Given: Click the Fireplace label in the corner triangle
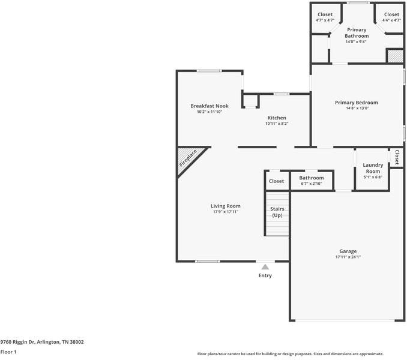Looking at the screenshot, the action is pyautogui.click(x=188, y=158).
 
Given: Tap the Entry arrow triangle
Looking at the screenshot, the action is pyautogui.click(x=265, y=266).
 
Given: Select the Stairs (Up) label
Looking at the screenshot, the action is pyautogui.click(x=277, y=212).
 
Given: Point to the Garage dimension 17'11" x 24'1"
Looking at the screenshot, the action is pyautogui.click(x=348, y=257).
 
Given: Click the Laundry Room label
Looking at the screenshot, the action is pyautogui.click(x=373, y=168).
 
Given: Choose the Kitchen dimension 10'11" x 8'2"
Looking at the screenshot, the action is pyautogui.click(x=277, y=124).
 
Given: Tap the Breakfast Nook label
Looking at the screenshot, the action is pyautogui.click(x=210, y=106).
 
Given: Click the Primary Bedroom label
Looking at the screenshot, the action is pyautogui.click(x=357, y=103).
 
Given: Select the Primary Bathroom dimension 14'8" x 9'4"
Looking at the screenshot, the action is pyautogui.click(x=356, y=42).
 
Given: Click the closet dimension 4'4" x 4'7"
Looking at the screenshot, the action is pyautogui.click(x=391, y=20).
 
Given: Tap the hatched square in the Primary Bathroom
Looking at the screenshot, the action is pyautogui.click(x=396, y=56).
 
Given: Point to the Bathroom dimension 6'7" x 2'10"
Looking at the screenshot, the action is pyautogui.click(x=311, y=184).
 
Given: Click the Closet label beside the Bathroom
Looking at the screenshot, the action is pyautogui.click(x=277, y=181).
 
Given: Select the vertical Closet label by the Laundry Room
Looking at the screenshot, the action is pyautogui.click(x=397, y=157).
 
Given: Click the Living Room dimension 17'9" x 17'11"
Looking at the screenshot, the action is pyautogui.click(x=226, y=212).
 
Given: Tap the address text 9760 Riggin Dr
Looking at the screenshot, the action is pyautogui.click(x=17, y=342).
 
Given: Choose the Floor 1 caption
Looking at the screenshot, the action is pyautogui.click(x=8, y=352).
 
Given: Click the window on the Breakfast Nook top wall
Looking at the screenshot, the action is pyautogui.click(x=210, y=71).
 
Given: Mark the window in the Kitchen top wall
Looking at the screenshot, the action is pyautogui.click(x=282, y=94).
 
